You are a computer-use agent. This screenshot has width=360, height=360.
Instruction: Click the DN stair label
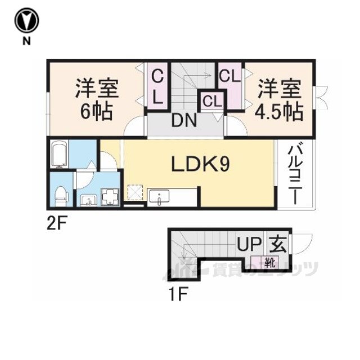184,120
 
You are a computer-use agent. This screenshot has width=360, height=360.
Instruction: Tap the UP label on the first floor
249,245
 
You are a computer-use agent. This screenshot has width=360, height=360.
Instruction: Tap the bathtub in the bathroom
59,154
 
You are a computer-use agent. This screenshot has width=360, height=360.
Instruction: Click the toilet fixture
60,195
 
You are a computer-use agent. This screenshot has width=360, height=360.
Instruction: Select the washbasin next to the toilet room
87,200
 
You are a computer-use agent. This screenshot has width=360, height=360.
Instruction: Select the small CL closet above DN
213,102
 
